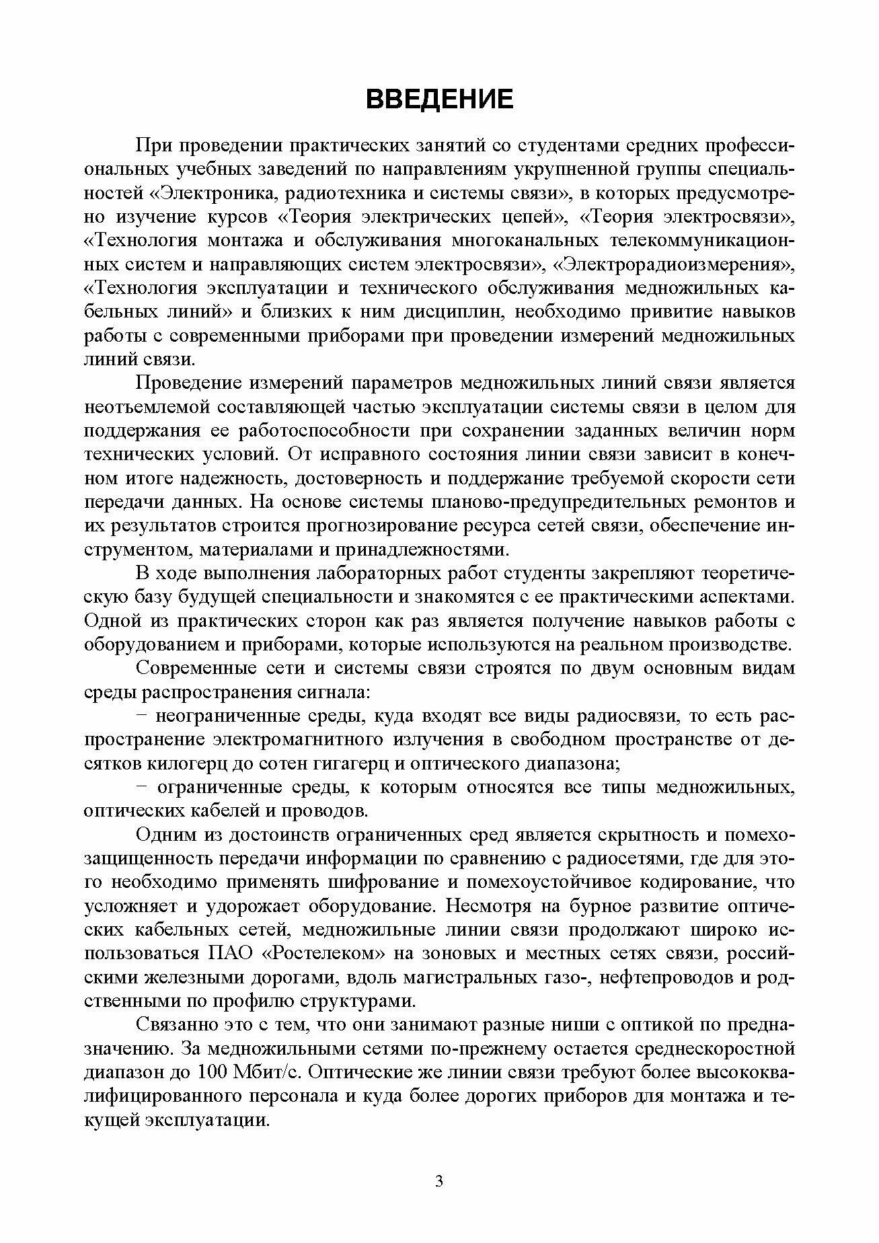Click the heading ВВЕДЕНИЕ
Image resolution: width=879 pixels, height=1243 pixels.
click(439, 100)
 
